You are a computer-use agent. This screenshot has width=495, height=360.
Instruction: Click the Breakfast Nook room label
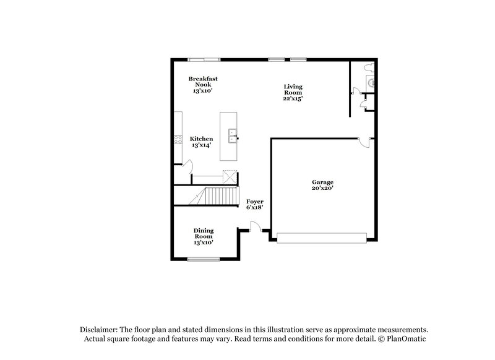(203, 82)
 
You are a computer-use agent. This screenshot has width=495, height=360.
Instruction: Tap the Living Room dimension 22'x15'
(293, 98)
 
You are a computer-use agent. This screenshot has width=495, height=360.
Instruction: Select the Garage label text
(322, 182)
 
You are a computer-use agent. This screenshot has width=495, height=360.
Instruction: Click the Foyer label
(255, 202)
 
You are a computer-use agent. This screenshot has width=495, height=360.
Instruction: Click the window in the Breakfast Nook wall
(204, 59)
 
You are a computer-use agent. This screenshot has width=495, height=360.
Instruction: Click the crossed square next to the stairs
(230, 176)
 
